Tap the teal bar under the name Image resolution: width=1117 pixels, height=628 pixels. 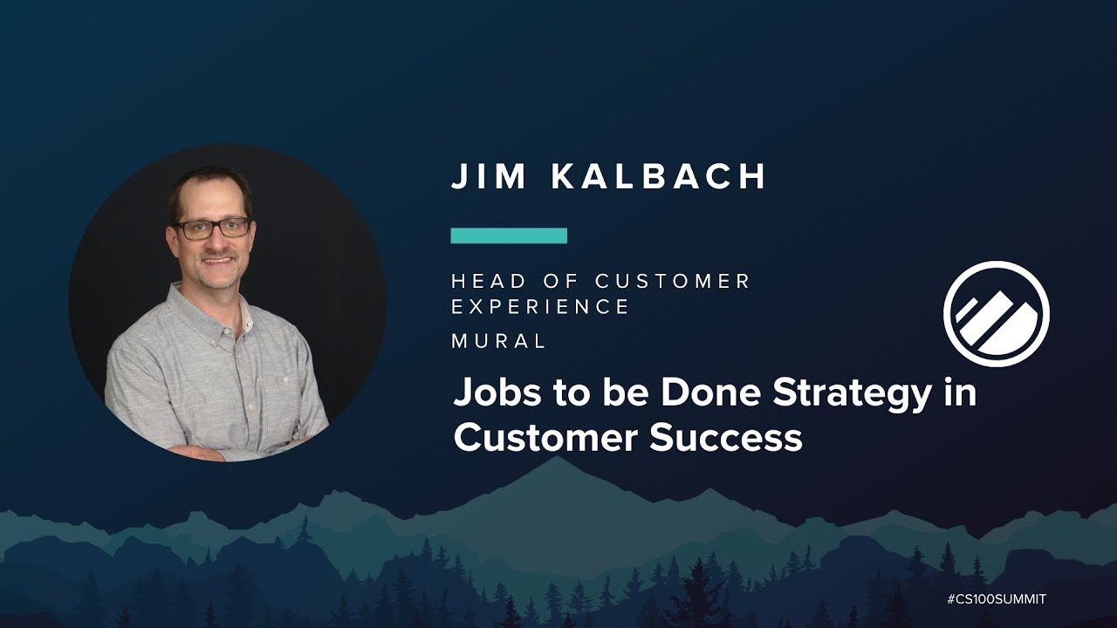tap(509, 235)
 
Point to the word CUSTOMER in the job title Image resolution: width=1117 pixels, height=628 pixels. tap(673, 281)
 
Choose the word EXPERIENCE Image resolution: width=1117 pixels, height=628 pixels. tap(540, 307)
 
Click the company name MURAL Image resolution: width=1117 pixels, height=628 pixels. tap(498, 342)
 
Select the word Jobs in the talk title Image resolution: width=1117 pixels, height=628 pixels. tap(494, 394)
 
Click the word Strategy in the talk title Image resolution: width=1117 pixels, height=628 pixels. tap(843, 395)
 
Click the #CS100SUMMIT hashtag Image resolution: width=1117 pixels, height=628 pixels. tap(996, 599)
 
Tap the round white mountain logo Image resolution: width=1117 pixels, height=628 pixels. tap(996, 312)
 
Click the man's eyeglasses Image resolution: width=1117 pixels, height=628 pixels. tap(212, 229)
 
